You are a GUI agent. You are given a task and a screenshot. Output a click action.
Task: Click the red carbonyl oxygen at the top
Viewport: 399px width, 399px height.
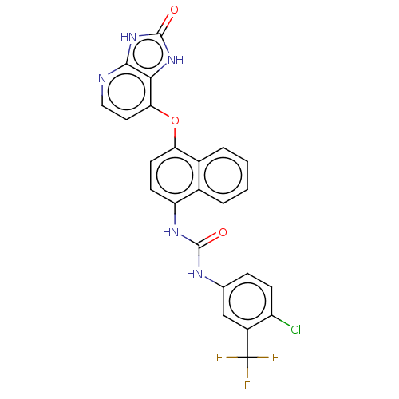[174, 10]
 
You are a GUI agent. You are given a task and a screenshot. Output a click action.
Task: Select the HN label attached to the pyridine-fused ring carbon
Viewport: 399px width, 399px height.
[128, 37]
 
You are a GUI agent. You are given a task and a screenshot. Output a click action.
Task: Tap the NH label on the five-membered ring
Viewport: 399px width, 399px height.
[176, 60]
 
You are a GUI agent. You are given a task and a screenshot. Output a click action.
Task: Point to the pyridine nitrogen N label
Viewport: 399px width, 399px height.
[102, 78]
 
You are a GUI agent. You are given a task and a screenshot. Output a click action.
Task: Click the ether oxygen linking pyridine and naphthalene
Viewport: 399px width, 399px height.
[175, 120]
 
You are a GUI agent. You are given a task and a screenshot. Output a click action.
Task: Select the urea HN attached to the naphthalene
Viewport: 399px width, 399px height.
[171, 232]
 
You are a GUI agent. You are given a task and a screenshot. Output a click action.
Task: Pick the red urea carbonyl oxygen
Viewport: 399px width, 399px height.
[223, 232]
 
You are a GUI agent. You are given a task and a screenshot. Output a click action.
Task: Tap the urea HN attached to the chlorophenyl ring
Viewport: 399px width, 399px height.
[195, 274]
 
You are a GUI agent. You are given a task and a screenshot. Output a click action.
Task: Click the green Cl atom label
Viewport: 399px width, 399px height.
[295, 330]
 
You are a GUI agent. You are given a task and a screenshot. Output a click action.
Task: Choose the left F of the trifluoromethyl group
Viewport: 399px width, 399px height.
[219, 358]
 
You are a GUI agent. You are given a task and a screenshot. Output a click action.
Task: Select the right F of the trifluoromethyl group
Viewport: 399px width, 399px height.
[275, 358]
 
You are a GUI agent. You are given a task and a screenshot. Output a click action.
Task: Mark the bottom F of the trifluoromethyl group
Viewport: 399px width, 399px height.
[247, 385]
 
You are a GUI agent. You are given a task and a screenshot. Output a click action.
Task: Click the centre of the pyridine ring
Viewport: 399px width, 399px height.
[127, 92]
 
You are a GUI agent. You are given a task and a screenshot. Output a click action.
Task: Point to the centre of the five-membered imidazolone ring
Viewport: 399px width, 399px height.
[148, 53]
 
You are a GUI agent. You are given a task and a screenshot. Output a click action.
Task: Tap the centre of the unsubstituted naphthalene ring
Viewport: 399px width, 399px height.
[223, 176]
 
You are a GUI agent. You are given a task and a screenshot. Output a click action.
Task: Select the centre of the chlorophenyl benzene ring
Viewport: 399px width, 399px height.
[247, 301]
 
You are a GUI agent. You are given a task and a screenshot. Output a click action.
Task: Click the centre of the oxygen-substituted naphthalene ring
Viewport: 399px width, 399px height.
[175, 176]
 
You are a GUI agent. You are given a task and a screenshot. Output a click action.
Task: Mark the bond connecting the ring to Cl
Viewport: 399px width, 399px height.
[281, 321]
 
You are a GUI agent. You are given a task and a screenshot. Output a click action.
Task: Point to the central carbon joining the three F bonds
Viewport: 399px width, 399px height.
[247, 357]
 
